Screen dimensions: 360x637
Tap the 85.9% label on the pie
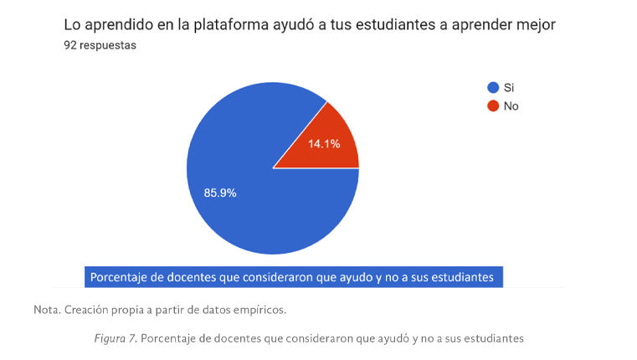point(220,193)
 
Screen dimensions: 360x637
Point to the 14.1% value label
point(323,144)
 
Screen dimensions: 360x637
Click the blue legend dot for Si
point(492,88)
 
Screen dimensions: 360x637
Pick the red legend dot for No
point(492,105)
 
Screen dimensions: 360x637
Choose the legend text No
point(511,105)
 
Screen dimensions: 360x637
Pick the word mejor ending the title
point(536,25)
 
